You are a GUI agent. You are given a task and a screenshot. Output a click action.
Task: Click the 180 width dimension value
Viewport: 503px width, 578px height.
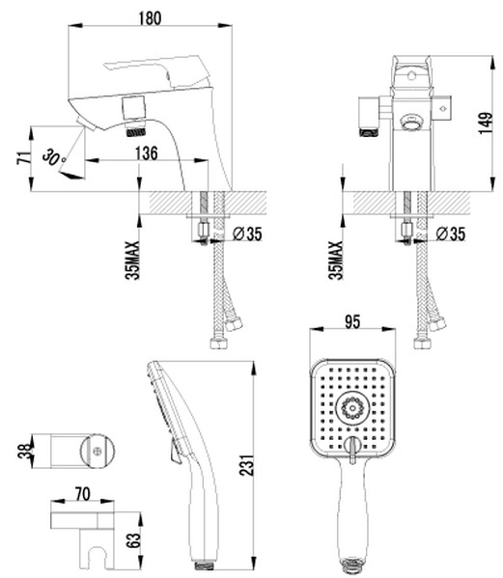tap(150, 18)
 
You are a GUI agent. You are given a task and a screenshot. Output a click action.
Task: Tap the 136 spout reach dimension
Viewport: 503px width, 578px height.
tap(147, 153)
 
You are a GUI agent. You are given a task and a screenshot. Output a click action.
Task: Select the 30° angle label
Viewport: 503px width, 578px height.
tap(54, 157)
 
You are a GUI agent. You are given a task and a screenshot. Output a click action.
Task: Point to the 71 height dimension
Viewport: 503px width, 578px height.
tap(24, 158)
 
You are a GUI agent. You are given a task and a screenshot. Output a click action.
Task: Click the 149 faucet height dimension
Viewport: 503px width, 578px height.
tap(486, 124)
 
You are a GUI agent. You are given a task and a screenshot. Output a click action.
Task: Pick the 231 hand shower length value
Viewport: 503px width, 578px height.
tap(247, 465)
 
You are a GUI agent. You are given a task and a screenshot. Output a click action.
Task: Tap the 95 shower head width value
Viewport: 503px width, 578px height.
tap(352, 321)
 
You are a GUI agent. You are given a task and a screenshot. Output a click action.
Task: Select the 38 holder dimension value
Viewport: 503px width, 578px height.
tap(25, 452)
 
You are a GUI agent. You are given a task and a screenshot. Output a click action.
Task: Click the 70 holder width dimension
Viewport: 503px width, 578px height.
tap(83, 494)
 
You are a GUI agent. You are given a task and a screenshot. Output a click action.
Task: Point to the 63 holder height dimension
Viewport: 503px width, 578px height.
tap(135, 540)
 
